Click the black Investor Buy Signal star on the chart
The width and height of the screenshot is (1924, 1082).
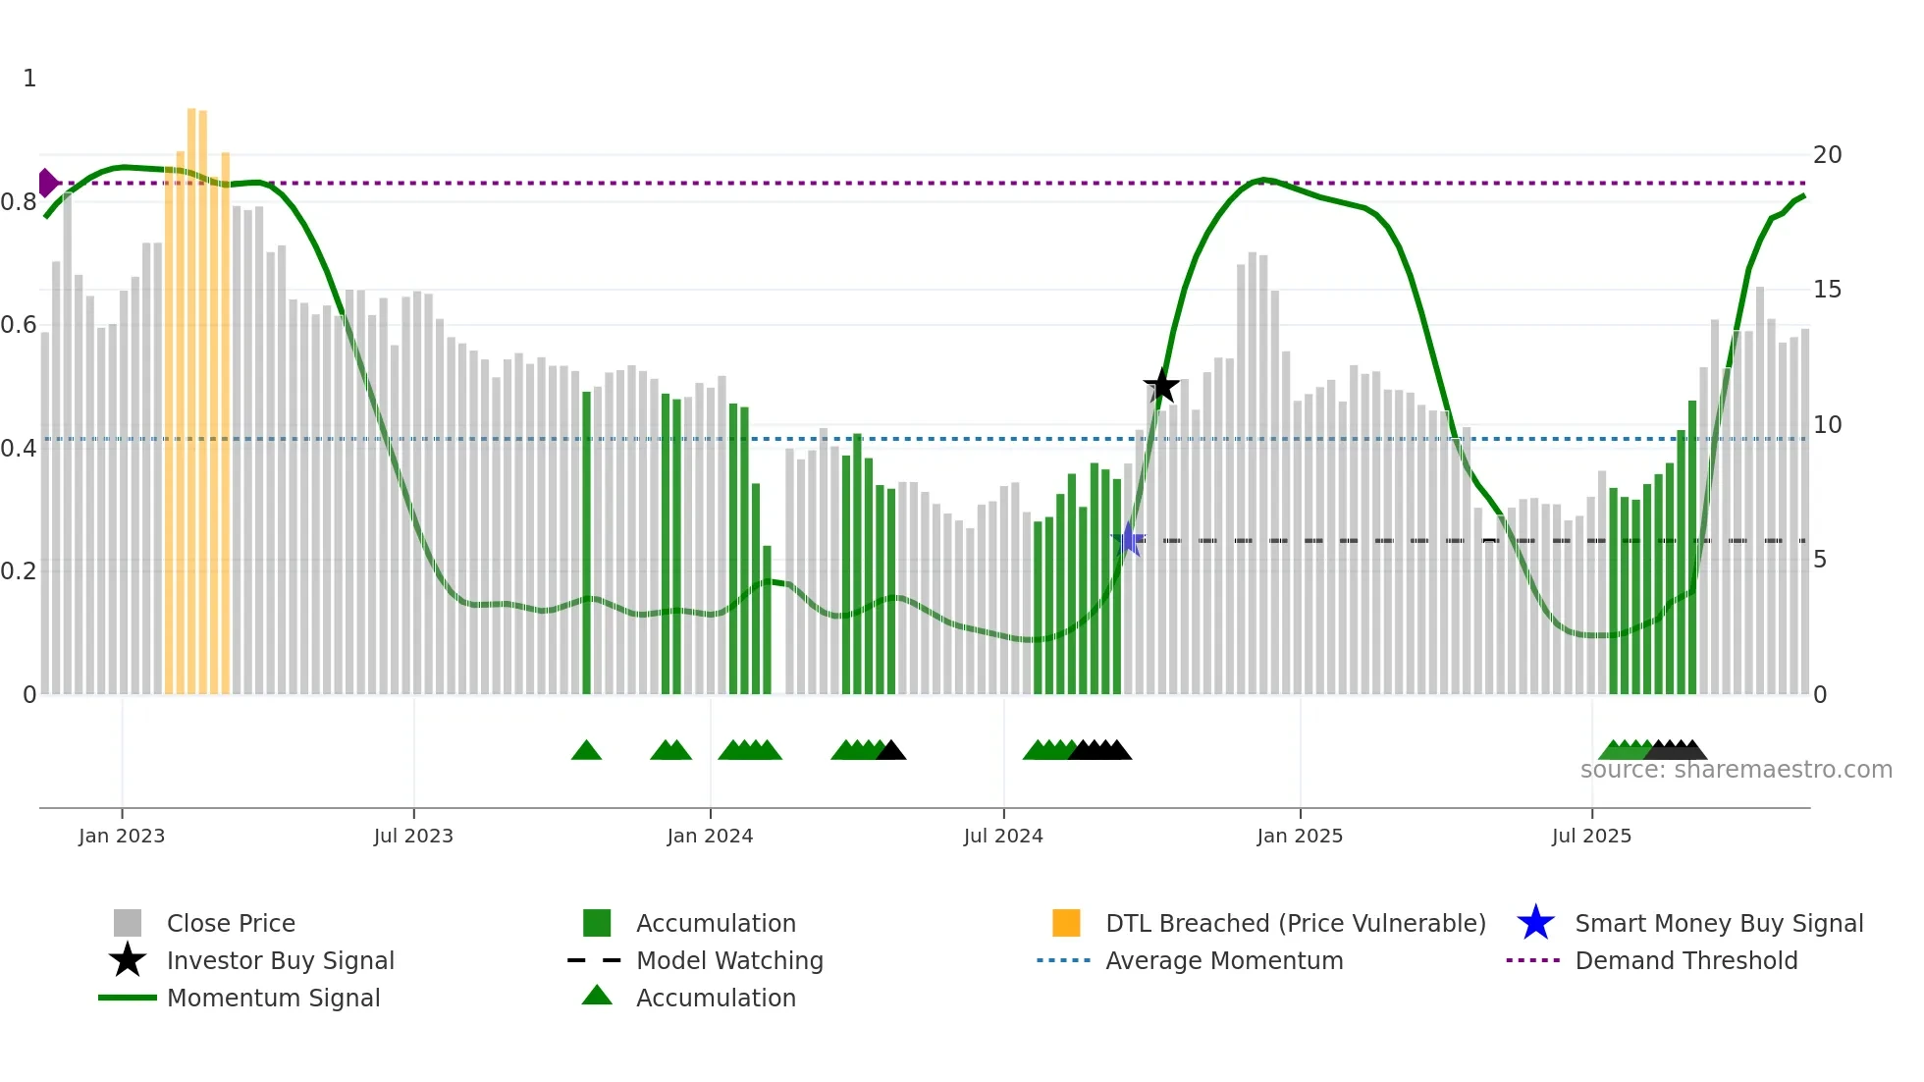click(x=1161, y=386)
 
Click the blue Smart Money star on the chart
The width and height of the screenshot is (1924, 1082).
click(x=1128, y=539)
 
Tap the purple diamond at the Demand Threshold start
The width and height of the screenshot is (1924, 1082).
click(x=47, y=183)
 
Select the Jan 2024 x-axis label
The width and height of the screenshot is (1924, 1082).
click(x=710, y=836)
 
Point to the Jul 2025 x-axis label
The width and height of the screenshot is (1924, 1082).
click(x=1591, y=836)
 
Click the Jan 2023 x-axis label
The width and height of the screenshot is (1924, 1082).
click(x=122, y=836)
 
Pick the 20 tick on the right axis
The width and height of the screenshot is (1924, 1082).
click(x=1827, y=155)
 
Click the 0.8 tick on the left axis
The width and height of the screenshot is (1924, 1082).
click(x=20, y=202)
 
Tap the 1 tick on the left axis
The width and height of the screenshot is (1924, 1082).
click(x=29, y=79)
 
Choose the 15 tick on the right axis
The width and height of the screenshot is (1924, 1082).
click(x=1827, y=290)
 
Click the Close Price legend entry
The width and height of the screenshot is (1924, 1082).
click(x=231, y=923)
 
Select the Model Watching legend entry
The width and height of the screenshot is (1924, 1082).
click(x=729, y=960)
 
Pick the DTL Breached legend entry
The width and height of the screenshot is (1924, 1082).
click(x=1295, y=923)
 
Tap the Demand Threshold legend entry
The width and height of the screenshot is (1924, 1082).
click(x=1685, y=960)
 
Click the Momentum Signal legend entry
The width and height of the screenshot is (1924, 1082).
click(x=273, y=998)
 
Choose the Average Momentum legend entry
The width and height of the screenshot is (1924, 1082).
click(x=1223, y=960)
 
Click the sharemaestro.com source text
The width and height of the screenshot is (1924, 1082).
click(x=1736, y=770)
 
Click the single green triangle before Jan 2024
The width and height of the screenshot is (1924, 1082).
click(x=586, y=751)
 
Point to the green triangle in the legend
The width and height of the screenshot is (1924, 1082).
click(x=597, y=996)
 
